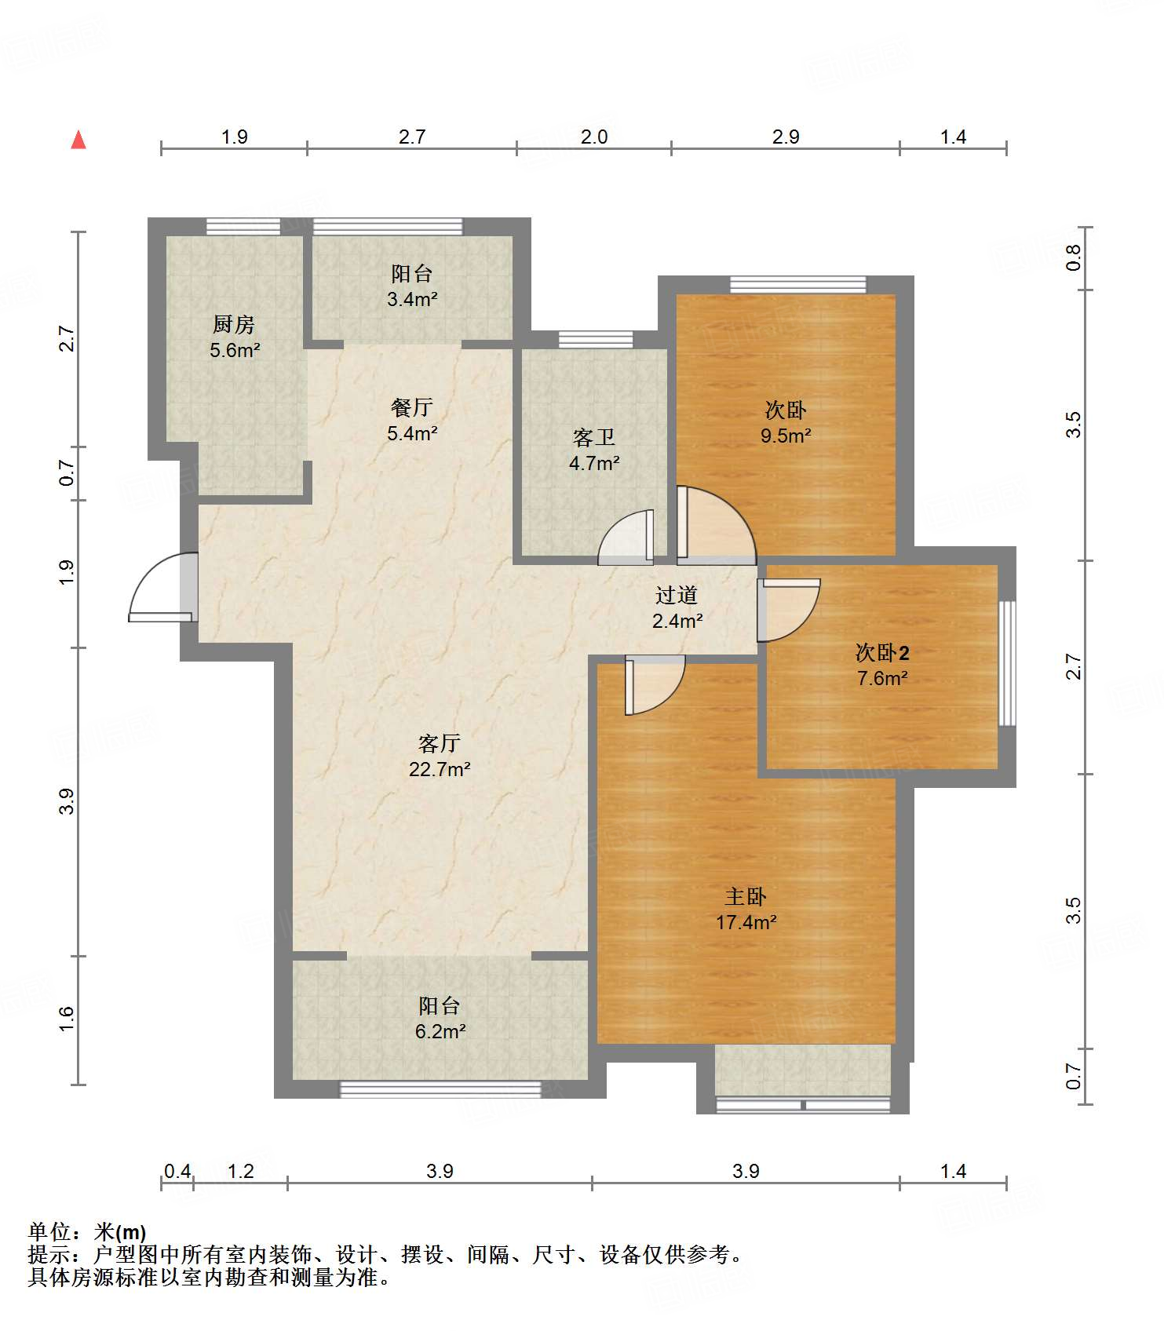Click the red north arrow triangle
pos(78,140)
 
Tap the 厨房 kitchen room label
pos(234,324)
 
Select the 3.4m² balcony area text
pos(412,299)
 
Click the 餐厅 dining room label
pos(412,407)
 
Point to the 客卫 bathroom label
pos(594,437)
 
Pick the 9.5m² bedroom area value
pos(786,436)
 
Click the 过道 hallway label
pos(677,595)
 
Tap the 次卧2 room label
pos(882,652)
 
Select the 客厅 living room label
pos(440,742)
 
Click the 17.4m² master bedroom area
pos(746,922)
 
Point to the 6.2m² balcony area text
pos(440,1031)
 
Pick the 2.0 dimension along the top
pos(594,137)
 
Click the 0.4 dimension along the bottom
pos(177,1171)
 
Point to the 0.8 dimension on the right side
pos(1073,257)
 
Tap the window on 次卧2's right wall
pos(1007,664)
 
